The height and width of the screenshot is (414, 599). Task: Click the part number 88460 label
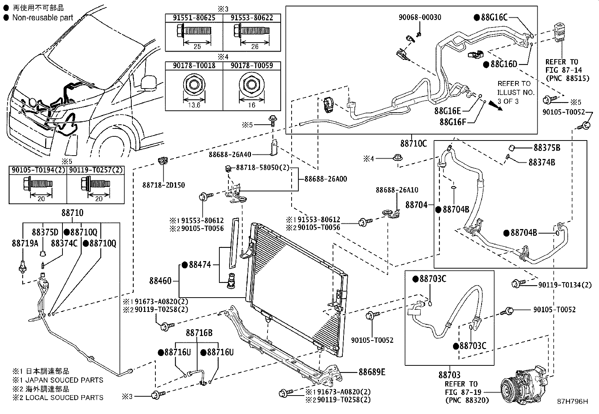(160, 281)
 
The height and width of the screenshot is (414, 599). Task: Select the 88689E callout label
(372, 372)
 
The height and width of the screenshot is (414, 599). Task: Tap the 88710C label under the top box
(414, 144)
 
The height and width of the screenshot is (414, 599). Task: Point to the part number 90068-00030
(420, 17)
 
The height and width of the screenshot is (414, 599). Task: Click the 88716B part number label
(199, 333)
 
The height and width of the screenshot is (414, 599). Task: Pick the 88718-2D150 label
(163, 185)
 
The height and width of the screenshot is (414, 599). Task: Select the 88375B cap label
(547, 148)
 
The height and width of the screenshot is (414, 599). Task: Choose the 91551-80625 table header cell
(194, 18)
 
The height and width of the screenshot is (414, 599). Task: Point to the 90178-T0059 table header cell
(252, 66)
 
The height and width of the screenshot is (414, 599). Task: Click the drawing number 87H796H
(572, 402)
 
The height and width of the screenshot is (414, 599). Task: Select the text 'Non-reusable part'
(43, 17)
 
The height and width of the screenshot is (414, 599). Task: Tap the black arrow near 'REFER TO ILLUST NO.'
(497, 106)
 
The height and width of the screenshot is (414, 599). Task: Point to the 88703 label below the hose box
(449, 375)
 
